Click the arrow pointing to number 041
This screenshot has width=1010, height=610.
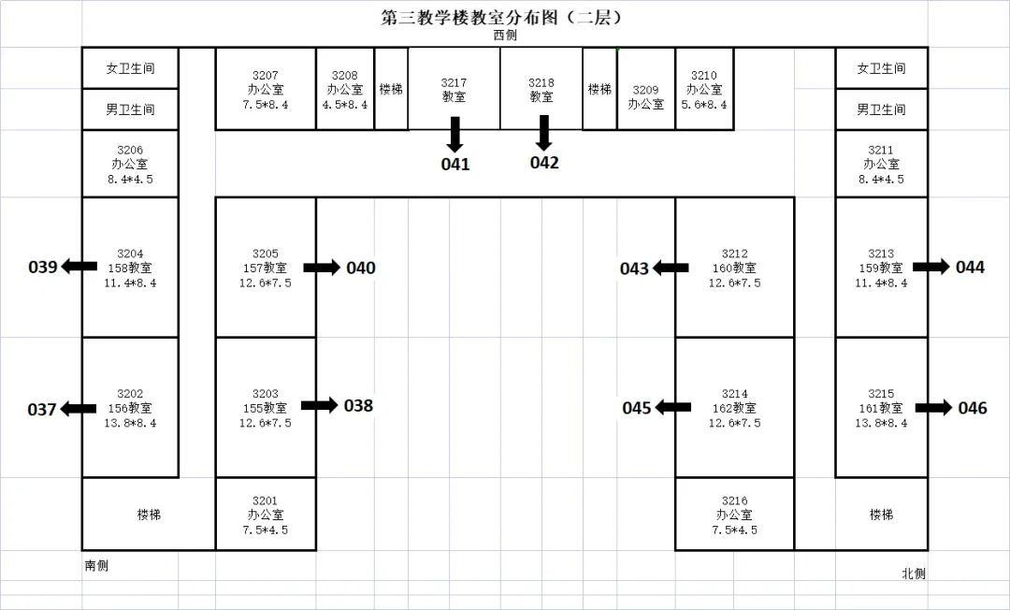pos(455,134)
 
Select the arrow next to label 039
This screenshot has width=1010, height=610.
pos(79,266)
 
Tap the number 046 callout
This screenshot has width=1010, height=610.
pos(972,408)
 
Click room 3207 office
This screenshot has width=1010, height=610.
pos(266,89)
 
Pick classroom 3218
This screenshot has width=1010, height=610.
pos(541,89)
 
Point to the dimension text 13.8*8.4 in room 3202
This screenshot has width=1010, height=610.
pos(130,423)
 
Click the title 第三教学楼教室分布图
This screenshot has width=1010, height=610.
pos(469,18)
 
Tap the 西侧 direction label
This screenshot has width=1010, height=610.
pos(505,36)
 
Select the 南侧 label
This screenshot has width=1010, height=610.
pos(96,565)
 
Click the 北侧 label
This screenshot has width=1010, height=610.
pos(914,574)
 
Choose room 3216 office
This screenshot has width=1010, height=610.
pos(734,514)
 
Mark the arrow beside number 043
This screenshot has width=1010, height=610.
pos(670,268)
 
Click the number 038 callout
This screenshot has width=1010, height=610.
pos(358,406)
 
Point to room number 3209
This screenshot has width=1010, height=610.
pos(645,90)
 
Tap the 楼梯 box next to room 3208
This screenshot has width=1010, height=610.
pos(391,89)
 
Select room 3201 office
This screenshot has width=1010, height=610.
pos(266,514)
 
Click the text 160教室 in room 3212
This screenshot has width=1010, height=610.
pos(734,268)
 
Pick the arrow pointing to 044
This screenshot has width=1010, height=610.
pos(931,266)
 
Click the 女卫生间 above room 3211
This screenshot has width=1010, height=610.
pos(881,68)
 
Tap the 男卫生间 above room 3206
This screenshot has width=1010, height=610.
pos(130,109)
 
